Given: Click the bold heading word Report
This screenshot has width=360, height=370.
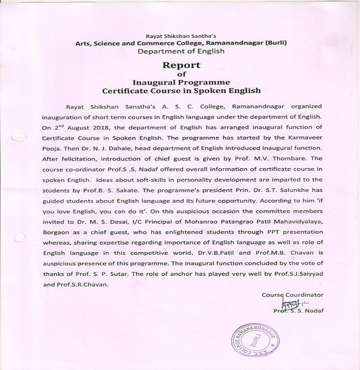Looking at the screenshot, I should (181, 66).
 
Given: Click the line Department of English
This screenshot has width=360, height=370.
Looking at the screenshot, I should (181, 51).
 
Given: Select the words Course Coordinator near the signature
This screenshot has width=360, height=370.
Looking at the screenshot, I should (292, 295).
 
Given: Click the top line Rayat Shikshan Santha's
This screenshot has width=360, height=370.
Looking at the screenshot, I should (181, 34).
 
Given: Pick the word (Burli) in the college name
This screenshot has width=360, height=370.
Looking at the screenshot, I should (279, 43).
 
